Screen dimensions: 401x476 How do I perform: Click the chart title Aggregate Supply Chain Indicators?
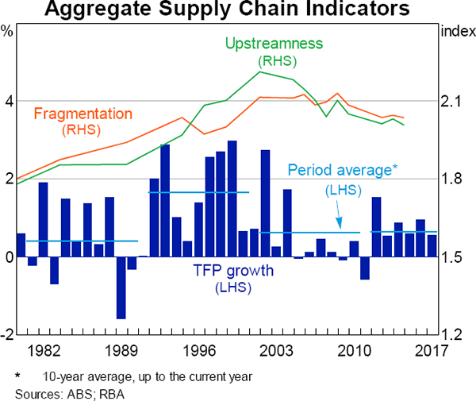click(238, 10)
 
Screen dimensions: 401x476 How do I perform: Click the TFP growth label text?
click(232, 271)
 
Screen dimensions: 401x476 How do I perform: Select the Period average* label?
click(341, 170)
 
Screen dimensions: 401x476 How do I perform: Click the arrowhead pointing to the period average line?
click(340, 227)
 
